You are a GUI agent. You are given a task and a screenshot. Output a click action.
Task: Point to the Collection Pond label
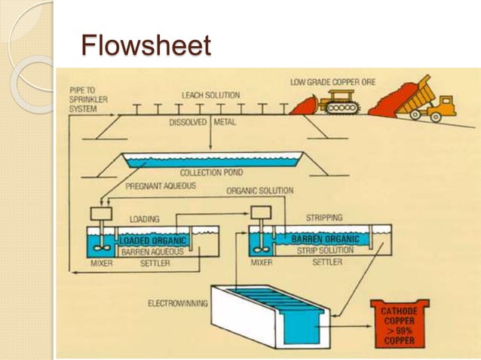click(210, 173)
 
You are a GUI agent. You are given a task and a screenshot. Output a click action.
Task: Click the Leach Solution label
click(210, 96)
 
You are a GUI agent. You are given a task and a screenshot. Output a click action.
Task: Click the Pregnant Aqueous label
click(161, 185)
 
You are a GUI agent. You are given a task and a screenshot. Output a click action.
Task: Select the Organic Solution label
click(259, 191)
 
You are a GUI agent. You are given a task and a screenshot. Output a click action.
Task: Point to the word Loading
click(144, 218)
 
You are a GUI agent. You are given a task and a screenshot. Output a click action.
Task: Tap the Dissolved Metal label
click(203, 121)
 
